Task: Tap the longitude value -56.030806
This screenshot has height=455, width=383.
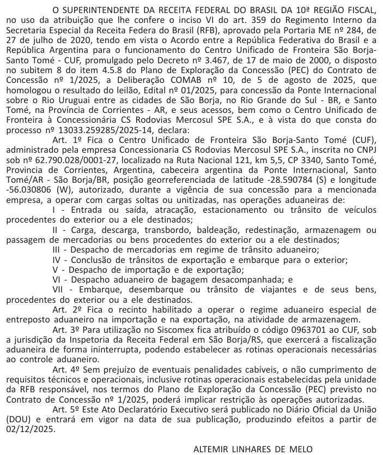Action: pyautogui.click(x=28, y=201)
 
